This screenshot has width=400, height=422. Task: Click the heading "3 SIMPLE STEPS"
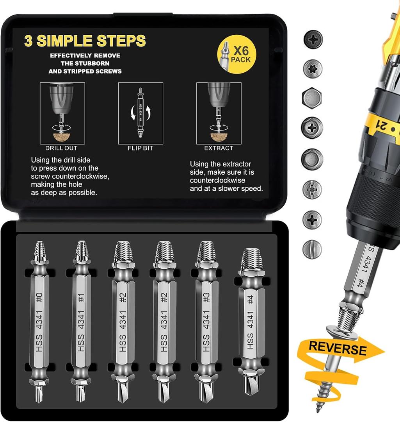[x=85, y=41]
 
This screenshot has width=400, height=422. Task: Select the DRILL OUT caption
[x=62, y=148]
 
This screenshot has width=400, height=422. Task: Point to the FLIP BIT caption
[x=140, y=148]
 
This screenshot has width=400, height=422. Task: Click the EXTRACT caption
[x=219, y=148]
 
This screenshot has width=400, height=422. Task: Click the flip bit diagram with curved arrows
[x=140, y=113]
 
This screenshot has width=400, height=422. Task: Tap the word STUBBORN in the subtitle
[x=85, y=63]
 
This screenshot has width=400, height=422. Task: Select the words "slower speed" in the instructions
[x=242, y=188]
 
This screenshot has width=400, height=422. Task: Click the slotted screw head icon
[x=312, y=248]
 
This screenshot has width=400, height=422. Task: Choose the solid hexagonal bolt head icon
[x=312, y=98]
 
